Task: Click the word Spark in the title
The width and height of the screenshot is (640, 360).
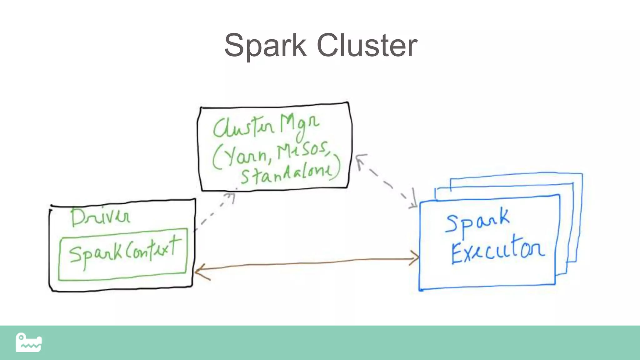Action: point(265,46)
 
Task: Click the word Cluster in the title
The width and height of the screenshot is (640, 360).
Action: point(367,46)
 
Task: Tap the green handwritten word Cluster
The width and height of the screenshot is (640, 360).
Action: point(244,128)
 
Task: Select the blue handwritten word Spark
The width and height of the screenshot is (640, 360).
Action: point(477,220)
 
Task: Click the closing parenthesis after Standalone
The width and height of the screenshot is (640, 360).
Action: point(337,167)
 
